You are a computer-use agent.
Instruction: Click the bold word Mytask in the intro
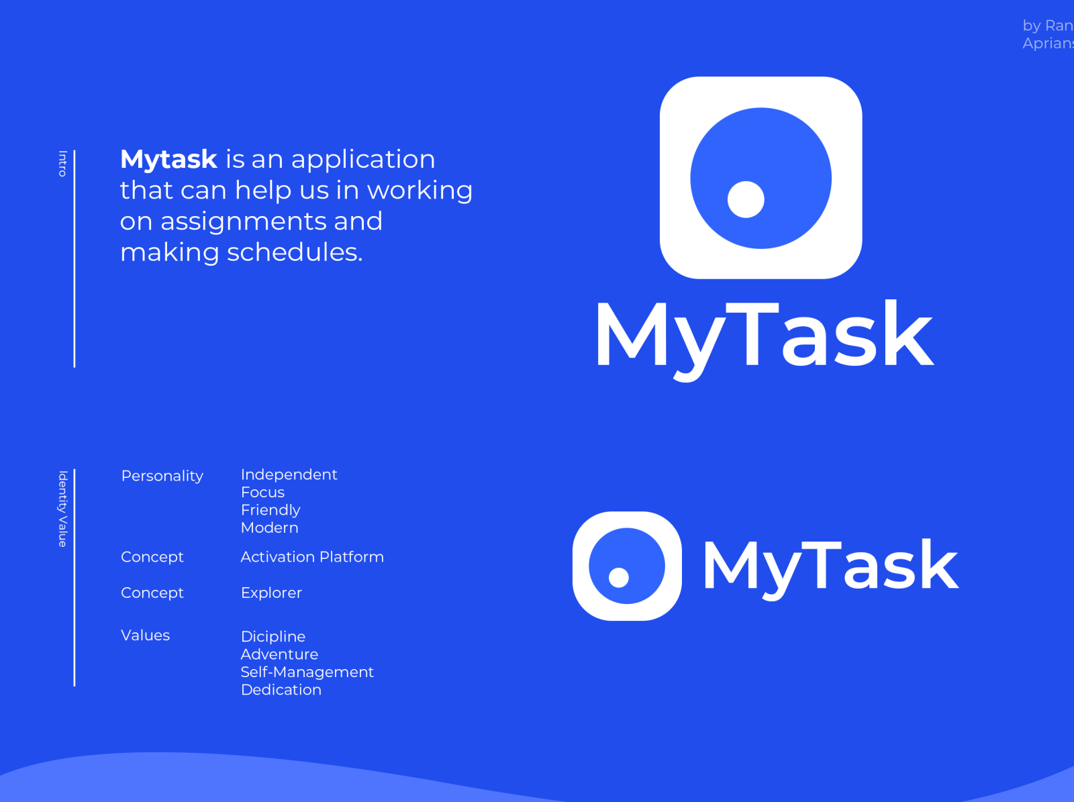[x=168, y=160]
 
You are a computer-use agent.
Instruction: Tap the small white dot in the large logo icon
[x=746, y=199]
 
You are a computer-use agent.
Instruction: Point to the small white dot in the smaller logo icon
[x=618, y=577]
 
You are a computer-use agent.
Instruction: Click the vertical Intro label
[x=62, y=163]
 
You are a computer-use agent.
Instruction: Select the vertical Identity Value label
[x=62, y=509]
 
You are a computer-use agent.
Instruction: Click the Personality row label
[x=162, y=476]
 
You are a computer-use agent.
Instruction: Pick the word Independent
[x=289, y=474]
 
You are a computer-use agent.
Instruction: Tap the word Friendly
[x=271, y=510]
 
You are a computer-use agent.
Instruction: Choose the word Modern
[x=269, y=528]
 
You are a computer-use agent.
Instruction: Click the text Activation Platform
[x=312, y=557]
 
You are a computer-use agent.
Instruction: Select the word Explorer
[x=271, y=593]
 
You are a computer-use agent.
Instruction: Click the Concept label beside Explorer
[x=152, y=593]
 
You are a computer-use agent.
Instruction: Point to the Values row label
[x=145, y=635]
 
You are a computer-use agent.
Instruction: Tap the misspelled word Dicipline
[x=273, y=636]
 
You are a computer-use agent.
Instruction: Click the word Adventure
[x=279, y=654]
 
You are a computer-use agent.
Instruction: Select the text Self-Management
[x=307, y=672]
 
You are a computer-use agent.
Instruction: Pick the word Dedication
[x=281, y=690]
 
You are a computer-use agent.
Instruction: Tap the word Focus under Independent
[x=262, y=492]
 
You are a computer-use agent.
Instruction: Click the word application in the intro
[x=363, y=160]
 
